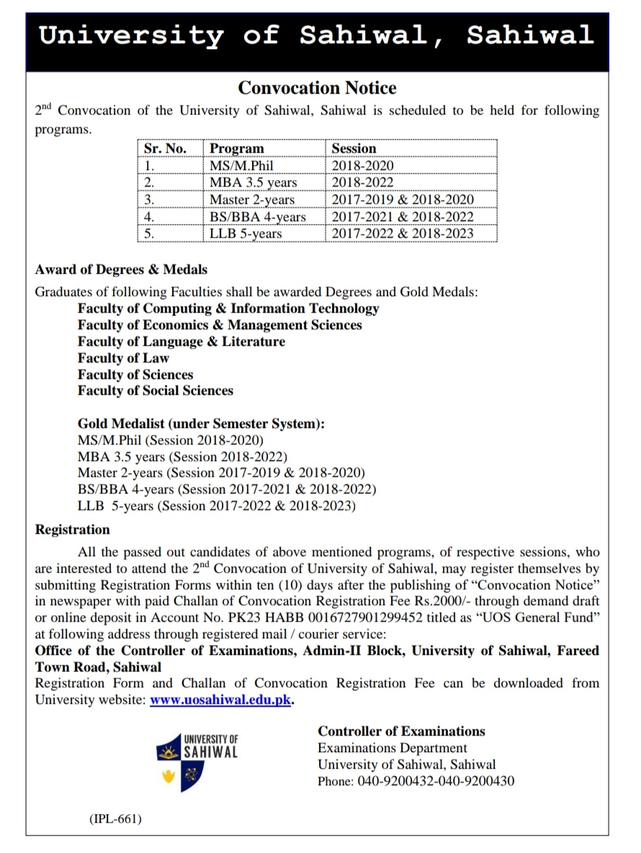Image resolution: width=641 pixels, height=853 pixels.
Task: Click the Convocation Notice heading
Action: click(317, 89)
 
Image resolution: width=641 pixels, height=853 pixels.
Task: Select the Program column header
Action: click(236, 148)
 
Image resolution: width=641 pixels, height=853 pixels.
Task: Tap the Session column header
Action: click(354, 148)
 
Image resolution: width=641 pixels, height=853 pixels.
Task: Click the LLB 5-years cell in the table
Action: click(246, 233)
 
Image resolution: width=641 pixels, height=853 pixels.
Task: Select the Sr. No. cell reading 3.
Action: click(150, 200)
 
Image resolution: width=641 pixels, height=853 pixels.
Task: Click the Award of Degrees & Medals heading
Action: click(121, 269)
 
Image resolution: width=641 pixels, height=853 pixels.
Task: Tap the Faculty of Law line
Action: click(123, 358)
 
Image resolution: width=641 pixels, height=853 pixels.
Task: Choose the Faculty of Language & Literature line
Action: click(181, 341)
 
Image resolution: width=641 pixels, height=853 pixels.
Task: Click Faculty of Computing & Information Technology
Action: click(228, 308)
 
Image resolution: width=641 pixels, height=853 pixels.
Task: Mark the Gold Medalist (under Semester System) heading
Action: click(201, 424)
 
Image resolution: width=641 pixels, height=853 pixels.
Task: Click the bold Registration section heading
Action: click(73, 530)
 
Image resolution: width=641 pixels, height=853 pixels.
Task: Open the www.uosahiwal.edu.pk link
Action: click(221, 700)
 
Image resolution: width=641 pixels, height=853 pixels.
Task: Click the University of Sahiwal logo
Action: click(197, 759)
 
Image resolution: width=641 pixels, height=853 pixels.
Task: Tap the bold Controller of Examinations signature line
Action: click(402, 731)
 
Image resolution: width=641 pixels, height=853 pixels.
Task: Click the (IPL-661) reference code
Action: click(115, 819)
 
